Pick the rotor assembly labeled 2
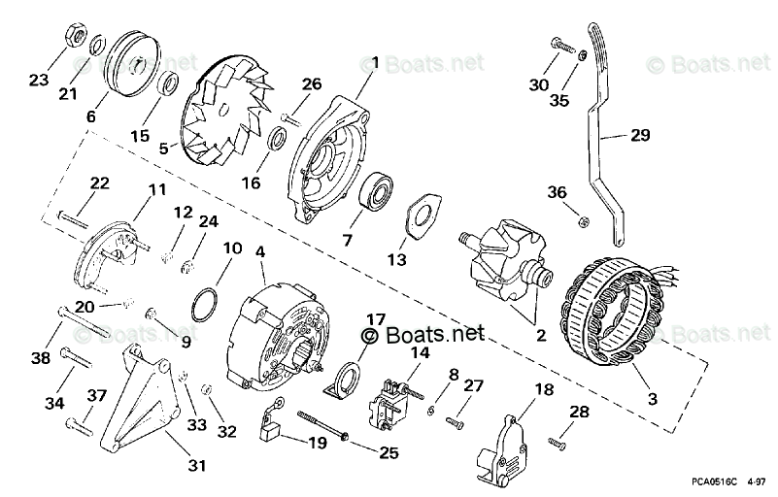[506, 264]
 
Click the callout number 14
[419, 353]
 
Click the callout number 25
[389, 450]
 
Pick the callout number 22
[100, 182]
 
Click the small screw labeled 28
[557, 443]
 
